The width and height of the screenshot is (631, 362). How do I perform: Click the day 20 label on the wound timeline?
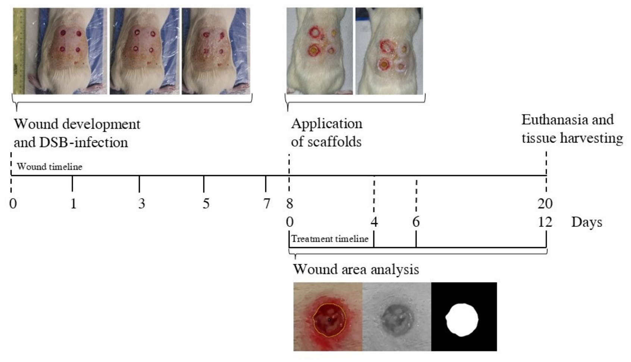(x=545, y=203)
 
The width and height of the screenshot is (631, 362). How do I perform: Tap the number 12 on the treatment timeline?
(x=545, y=222)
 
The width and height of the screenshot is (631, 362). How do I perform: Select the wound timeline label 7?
(x=266, y=203)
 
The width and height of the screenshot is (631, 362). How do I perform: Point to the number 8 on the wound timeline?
(x=290, y=203)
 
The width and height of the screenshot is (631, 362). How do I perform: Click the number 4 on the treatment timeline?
(x=374, y=222)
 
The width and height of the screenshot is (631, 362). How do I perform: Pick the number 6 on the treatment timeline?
(x=416, y=222)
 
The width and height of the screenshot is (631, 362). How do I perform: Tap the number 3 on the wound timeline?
(x=142, y=203)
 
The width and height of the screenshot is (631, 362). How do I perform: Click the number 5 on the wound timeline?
(x=206, y=203)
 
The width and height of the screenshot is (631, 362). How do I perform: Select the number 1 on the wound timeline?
(x=74, y=203)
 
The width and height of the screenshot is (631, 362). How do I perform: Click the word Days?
(x=587, y=222)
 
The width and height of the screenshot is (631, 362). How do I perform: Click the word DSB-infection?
(x=83, y=142)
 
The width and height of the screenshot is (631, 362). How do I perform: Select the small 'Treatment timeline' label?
(x=330, y=239)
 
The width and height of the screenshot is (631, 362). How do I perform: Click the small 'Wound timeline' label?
(x=50, y=166)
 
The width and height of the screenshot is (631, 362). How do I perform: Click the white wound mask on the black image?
(x=462, y=320)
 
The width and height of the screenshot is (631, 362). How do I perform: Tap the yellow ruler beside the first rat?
(x=19, y=51)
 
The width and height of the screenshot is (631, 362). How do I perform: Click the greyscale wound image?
(x=397, y=316)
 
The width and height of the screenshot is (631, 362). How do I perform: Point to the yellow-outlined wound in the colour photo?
(x=329, y=320)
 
